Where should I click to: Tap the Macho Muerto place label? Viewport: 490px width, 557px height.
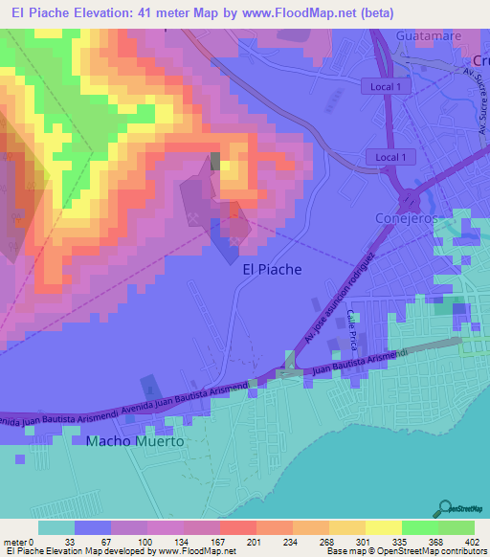pos(134,442)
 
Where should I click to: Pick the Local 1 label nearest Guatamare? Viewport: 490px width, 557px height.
pos(387,86)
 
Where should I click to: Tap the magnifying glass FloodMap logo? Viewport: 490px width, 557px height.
pos(446,508)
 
